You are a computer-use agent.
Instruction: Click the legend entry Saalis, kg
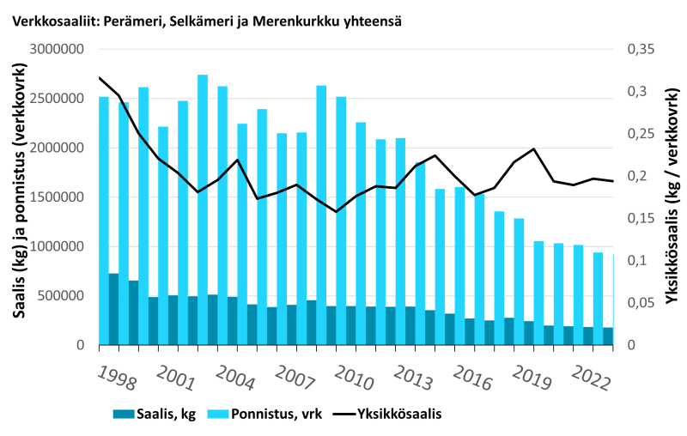point(155,414)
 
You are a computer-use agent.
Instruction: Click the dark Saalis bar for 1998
point(113,309)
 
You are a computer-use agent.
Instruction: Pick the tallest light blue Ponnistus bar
point(203,172)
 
